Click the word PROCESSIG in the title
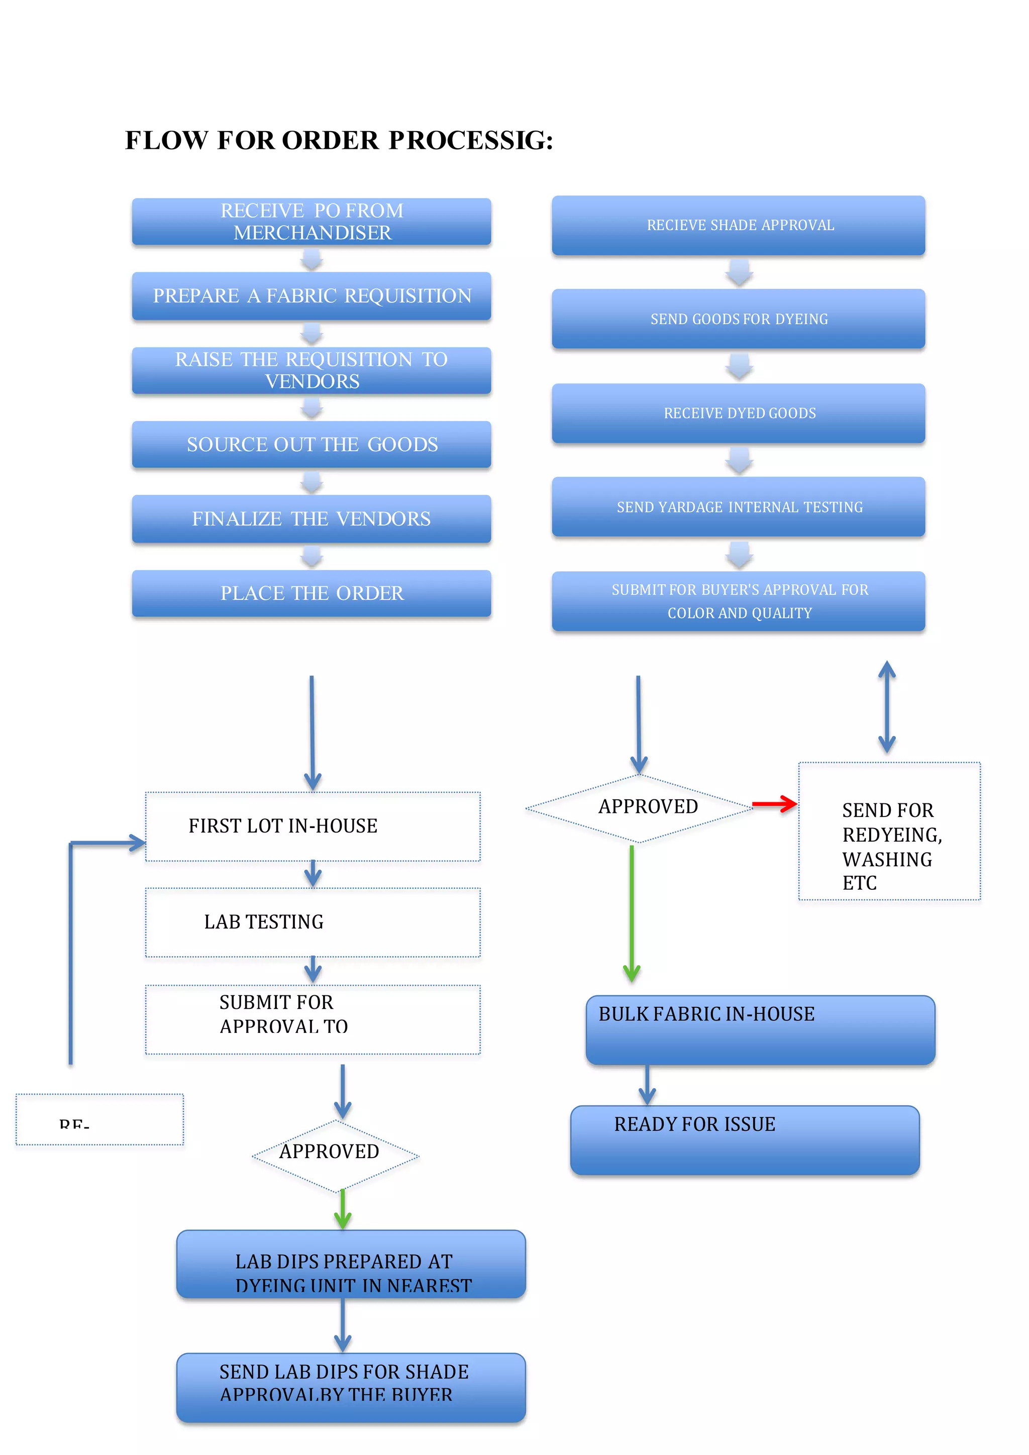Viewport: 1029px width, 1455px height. coord(471,141)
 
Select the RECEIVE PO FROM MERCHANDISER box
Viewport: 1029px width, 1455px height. coord(311,222)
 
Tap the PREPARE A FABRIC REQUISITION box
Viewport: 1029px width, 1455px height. coord(311,296)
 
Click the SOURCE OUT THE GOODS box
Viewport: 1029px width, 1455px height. coord(311,445)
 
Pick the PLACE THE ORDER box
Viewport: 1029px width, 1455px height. coord(311,593)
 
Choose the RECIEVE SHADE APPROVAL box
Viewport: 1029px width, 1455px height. coord(738,226)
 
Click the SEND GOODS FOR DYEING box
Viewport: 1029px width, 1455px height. coord(738,319)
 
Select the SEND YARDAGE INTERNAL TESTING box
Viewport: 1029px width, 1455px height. coord(738,507)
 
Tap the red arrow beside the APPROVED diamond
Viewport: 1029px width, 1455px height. coord(774,804)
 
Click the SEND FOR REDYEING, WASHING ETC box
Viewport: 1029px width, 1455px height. coord(889,832)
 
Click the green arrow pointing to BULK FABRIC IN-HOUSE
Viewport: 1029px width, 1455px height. coord(632,912)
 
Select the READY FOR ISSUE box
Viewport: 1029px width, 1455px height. coord(745,1140)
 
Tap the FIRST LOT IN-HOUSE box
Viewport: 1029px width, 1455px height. coord(313,826)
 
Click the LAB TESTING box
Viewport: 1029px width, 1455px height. coord(313,922)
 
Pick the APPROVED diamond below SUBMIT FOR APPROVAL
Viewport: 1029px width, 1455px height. coord(335,1156)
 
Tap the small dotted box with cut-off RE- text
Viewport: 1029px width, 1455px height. coord(99,1119)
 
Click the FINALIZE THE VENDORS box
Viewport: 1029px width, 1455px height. coord(311,519)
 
